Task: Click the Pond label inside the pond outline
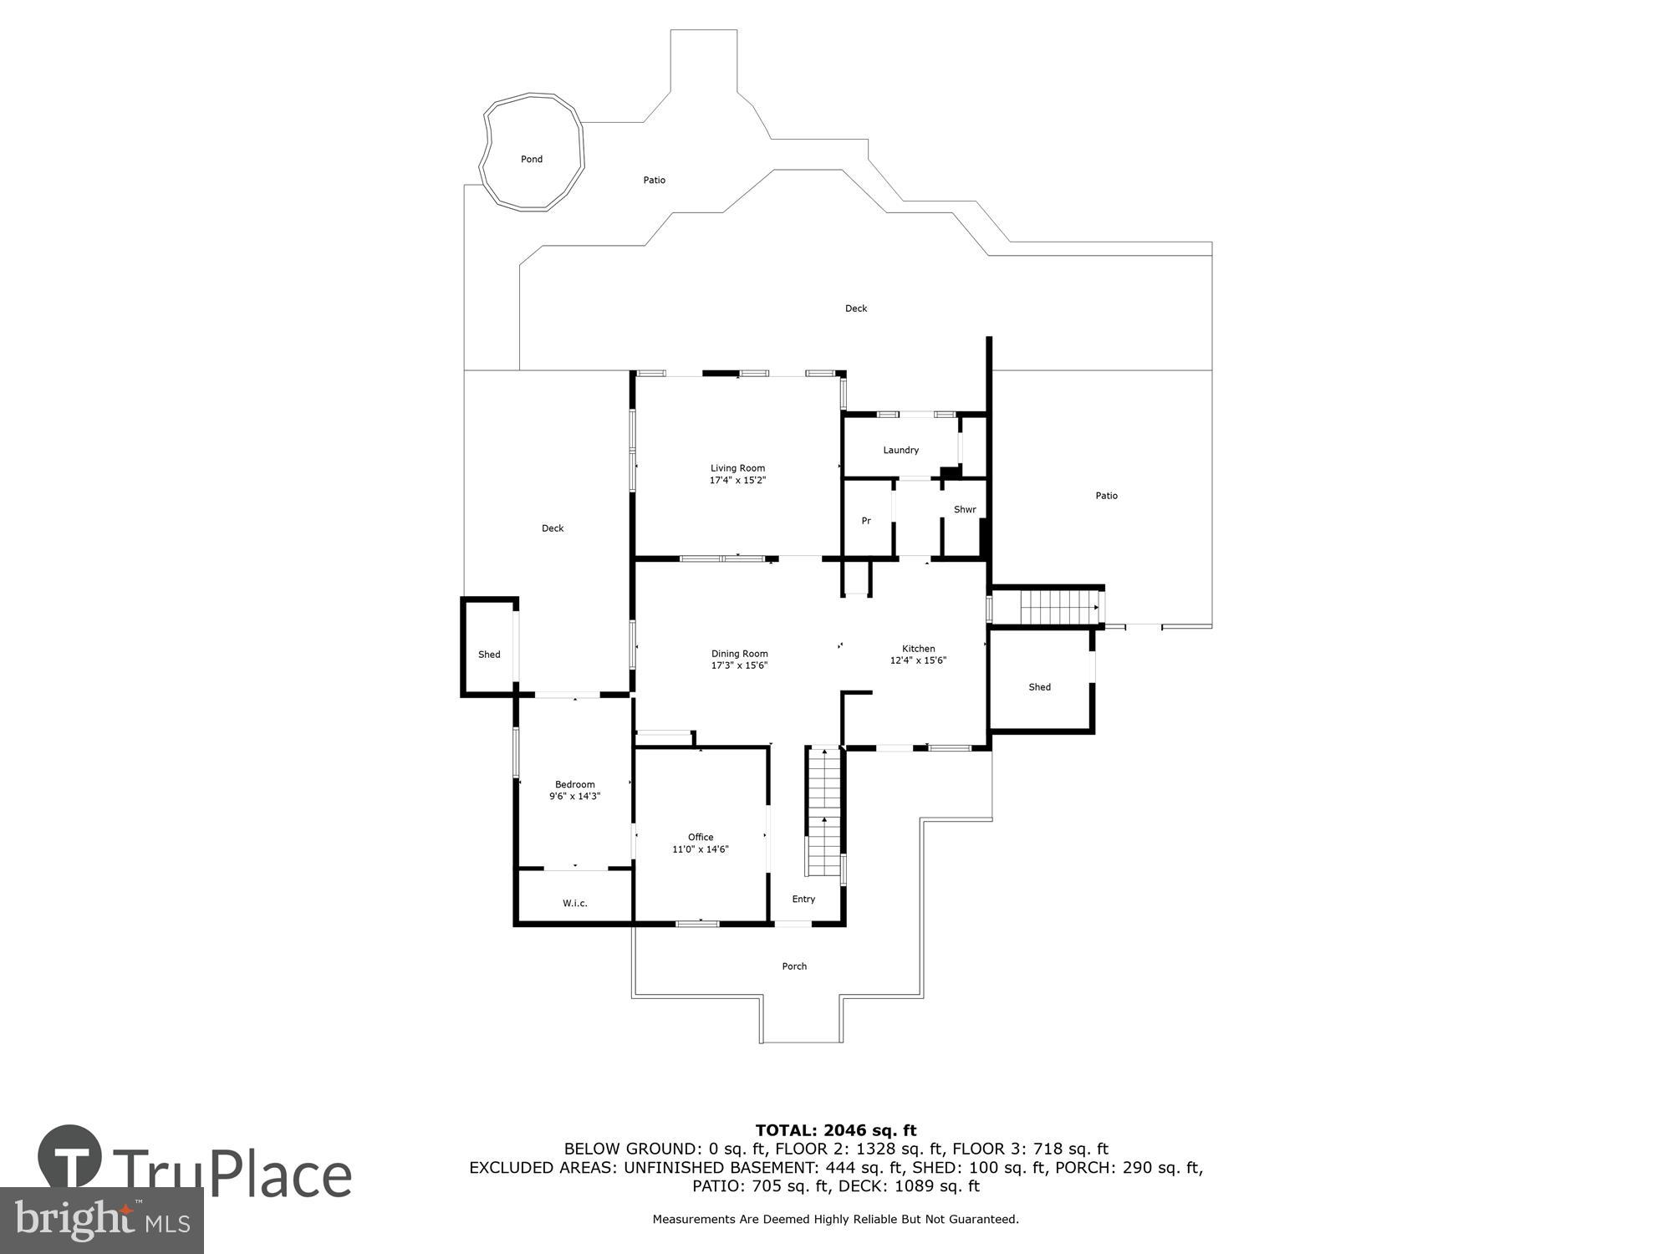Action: click(x=532, y=159)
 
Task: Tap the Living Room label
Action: click(x=737, y=468)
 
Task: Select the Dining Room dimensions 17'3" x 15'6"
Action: click(x=739, y=665)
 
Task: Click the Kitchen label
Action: click(x=918, y=649)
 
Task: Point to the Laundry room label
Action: click(x=900, y=450)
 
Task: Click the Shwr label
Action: click(x=965, y=509)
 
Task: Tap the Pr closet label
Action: click(x=866, y=521)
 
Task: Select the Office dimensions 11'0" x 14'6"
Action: click(x=701, y=849)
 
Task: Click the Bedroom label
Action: click(x=575, y=784)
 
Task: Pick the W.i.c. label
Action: click(x=574, y=903)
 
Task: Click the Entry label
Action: click(x=803, y=899)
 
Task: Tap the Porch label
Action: click(x=794, y=966)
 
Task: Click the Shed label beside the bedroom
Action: click(x=489, y=655)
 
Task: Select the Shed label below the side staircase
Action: click(x=1039, y=687)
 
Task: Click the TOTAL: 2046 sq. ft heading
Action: click(x=836, y=1131)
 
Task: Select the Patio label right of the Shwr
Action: click(x=1106, y=496)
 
